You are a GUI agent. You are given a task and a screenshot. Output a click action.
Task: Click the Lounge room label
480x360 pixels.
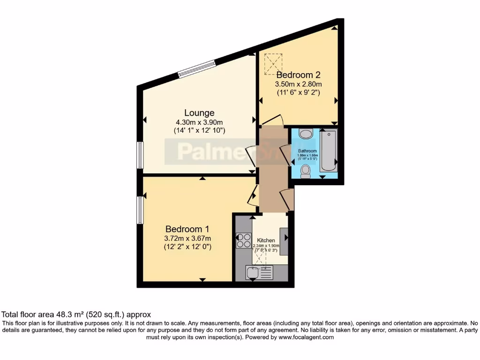[x=199, y=113]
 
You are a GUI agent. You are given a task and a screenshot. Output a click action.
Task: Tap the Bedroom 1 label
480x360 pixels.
[x=187, y=229]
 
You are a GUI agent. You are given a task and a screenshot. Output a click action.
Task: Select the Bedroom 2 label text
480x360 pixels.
[x=298, y=75]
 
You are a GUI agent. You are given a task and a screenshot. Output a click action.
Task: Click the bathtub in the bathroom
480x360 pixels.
[x=328, y=151]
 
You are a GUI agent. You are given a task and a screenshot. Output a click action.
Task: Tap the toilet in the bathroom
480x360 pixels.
[x=306, y=171]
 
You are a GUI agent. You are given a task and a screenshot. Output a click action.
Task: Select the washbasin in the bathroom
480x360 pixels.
[x=306, y=135]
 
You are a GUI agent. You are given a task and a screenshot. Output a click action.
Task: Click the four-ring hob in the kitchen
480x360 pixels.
[x=243, y=240]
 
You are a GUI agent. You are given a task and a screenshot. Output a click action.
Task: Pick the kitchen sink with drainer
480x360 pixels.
[x=259, y=273]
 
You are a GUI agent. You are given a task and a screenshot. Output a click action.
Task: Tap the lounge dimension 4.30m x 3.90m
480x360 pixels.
[x=199, y=122]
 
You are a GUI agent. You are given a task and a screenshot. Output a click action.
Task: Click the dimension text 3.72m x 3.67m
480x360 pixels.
[x=187, y=238]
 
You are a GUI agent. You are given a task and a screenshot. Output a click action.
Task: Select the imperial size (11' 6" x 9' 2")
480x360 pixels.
[x=298, y=92]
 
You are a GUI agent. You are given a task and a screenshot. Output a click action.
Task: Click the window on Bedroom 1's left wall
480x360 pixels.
[x=139, y=210]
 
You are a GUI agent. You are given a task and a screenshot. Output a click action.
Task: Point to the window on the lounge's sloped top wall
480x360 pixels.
[x=197, y=68]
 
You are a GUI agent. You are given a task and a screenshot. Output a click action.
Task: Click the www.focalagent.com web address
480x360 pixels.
[x=306, y=337]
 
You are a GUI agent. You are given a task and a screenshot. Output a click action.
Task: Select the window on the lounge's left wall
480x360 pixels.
[x=139, y=155]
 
